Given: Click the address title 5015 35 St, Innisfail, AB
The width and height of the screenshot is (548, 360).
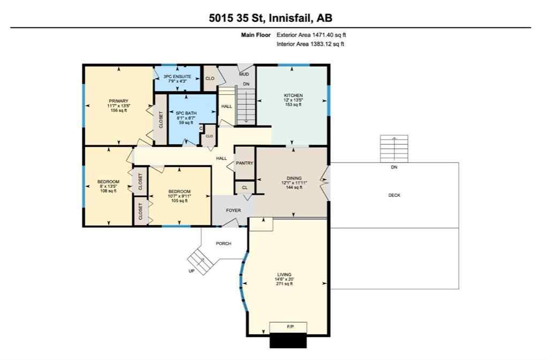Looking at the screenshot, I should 270,18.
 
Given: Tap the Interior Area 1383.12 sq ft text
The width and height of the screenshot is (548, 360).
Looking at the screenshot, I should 310,44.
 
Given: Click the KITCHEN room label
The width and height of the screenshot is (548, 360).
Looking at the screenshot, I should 293,96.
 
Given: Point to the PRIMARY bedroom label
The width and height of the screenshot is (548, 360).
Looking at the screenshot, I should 118,101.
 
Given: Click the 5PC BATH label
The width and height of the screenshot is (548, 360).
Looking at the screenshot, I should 184,113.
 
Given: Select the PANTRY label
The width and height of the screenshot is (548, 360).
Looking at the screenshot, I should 245,163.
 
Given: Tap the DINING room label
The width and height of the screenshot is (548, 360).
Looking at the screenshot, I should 294,178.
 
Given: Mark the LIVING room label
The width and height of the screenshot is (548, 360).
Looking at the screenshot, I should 284,274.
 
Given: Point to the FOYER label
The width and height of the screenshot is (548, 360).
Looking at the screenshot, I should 233,211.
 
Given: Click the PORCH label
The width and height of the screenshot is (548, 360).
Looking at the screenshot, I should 223,243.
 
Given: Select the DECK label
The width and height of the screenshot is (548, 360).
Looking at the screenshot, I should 394,195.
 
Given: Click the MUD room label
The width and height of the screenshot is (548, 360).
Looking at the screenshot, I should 244,74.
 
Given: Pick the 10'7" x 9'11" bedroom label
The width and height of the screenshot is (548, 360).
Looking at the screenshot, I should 179,192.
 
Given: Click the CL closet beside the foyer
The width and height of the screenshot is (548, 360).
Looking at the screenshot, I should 244,188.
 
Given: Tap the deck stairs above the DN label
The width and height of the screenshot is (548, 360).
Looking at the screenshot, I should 394,148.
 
